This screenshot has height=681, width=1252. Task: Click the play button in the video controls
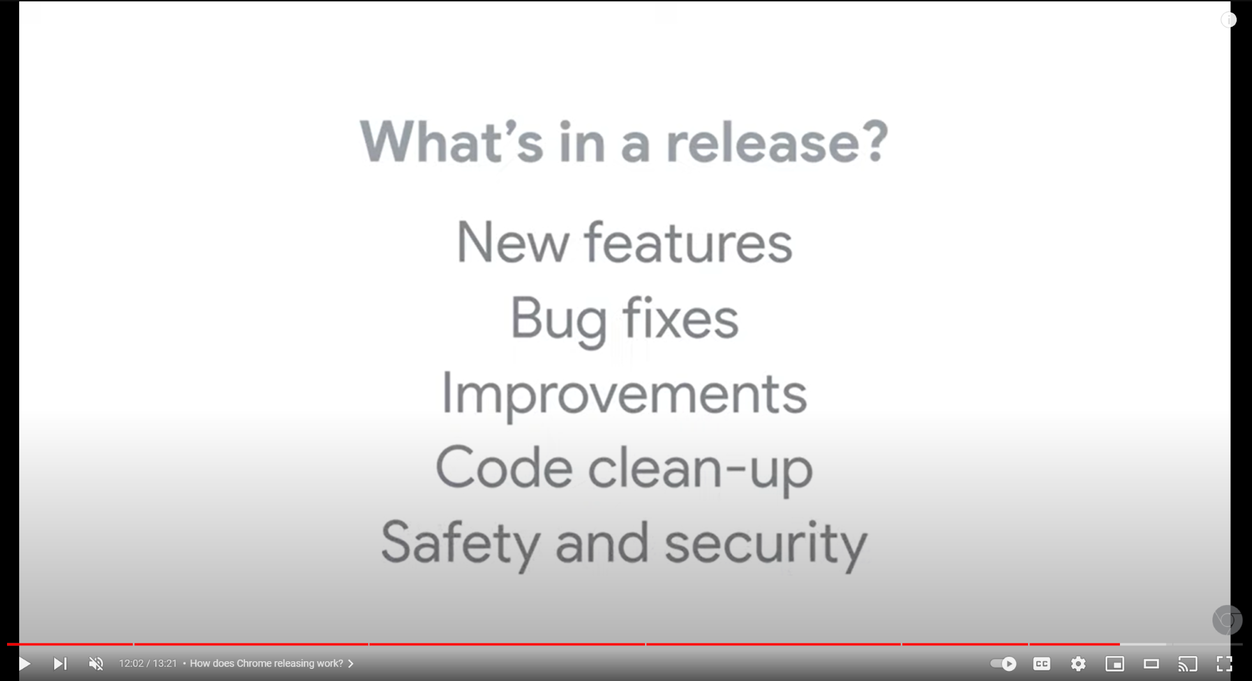point(24,664)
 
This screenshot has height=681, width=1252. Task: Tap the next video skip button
point(60,664)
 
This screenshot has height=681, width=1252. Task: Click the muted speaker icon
point(96,664)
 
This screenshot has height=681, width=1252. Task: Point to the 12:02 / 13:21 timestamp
point(147,664)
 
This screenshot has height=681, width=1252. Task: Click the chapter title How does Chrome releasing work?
point(266,664)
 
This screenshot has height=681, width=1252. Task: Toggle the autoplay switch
point(1003,664)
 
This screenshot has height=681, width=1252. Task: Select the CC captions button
point(1041,664)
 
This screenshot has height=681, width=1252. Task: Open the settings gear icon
point(1078,664)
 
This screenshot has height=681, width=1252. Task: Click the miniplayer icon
point(1115,664)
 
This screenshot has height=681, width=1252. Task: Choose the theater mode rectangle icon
point(1151,664)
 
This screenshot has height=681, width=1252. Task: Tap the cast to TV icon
point(1188,664)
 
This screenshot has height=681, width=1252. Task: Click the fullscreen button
point(1225,664)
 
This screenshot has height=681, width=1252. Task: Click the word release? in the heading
point(777,142)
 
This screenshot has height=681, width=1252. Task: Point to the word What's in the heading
point(452,142)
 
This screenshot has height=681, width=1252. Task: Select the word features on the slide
point(689,242)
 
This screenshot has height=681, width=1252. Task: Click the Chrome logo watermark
point(1227,620)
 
